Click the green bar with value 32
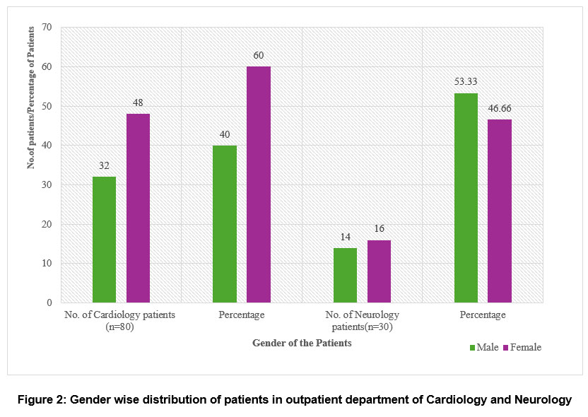click(104, 240)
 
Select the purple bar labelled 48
click(138, 208)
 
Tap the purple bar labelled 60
click(259, 184)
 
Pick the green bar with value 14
click(346, 275)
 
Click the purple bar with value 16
click(379, 271)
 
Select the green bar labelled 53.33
click(466, 198)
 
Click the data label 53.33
click(466, 81)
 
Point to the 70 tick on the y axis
click(47, 28)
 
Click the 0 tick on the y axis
click(49, 303)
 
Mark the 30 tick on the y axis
click(47, 185)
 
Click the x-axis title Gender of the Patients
click(302, 343)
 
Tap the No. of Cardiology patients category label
click(120, 320)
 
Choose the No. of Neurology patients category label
click(362, 320)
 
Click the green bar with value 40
click(225, 224)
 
